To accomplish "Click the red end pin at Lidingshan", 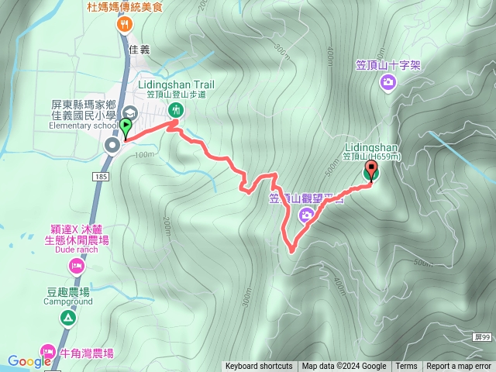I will [x=372, y=166].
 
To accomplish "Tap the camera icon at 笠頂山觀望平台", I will [x=307, y=215].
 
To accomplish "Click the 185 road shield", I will [x=102, y=177].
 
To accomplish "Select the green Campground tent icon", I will [x=68, y=317].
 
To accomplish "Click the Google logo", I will [x=29, y=361].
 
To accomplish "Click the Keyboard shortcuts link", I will [x=259, y=367].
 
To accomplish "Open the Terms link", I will [x=406, y=367].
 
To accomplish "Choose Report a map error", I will [x=459, y=367].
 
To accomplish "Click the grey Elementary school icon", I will [x=127, y=113].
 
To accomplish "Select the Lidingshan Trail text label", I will [x=177, y=84].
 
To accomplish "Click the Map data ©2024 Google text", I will [x=344, y=367].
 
